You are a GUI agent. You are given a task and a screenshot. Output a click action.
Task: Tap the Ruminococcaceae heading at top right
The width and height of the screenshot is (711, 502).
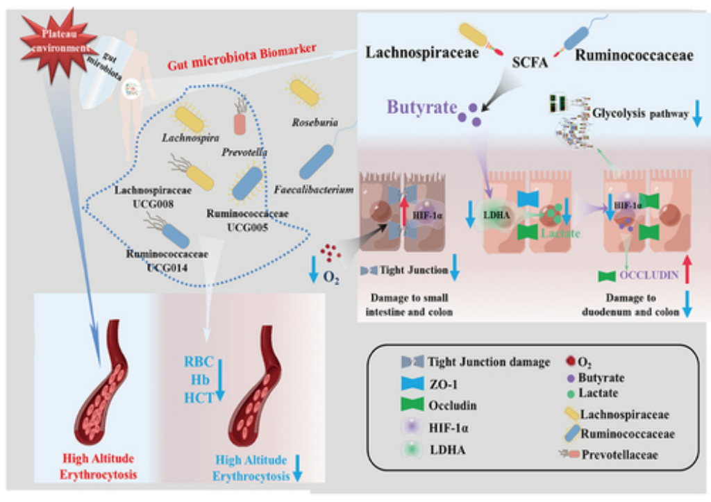634,53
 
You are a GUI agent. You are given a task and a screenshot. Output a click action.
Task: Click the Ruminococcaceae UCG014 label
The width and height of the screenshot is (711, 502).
159,262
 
